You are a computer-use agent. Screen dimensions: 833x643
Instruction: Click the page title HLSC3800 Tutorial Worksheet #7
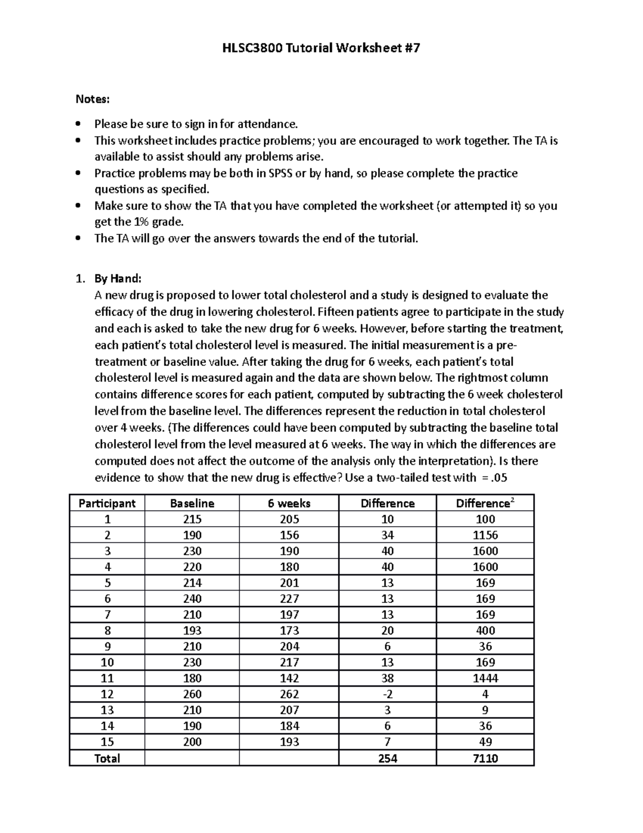[x=321, y=48]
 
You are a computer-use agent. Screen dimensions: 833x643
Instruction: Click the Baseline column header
[x=192, y=503]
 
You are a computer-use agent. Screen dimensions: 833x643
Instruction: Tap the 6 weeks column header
[x=289, y=503]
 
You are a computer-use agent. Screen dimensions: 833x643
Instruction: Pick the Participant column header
[x=107, y=503]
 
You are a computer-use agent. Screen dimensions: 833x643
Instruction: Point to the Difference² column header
[x=485, y=503]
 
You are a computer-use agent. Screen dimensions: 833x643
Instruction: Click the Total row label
[x=107, y=758]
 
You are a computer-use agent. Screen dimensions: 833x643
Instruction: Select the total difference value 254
[x=387, y=758]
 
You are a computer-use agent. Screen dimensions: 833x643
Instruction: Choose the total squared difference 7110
[x=485, y=758]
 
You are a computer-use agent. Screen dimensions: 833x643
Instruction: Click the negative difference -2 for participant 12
[x=387, y=694]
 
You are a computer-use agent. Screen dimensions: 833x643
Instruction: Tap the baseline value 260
[x=192, y=694]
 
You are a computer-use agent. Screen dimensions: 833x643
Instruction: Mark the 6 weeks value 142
[x=289, y=678]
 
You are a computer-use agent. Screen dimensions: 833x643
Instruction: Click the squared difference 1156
[x=485, y=535]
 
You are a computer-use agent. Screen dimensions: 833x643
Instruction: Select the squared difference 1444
[x=485, y=678]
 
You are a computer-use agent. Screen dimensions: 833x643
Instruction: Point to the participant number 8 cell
[x=107, y=630]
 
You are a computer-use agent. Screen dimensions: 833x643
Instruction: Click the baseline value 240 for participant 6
[x=192, y=599]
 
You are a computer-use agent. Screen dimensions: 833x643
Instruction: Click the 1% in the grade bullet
[x=142, y=222]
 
